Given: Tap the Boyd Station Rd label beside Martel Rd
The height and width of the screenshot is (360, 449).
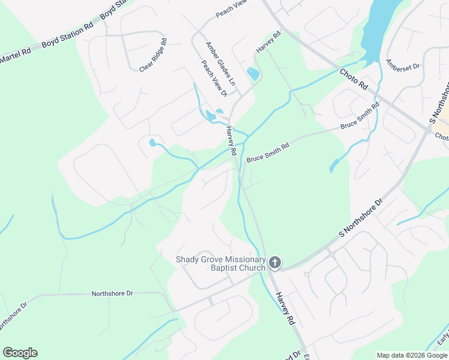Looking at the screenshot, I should [67, 36].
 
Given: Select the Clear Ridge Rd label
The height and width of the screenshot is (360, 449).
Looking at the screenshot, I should [153, 56].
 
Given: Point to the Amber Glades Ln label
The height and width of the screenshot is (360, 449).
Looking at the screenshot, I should [221, 62].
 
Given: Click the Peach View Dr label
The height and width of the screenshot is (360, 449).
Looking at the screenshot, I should [214, 78].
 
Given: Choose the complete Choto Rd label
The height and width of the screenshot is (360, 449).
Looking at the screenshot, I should [354, 80].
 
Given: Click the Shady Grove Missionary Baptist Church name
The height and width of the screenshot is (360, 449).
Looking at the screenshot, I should [220, 263].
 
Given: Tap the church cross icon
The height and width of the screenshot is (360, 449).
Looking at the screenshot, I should [275, 263].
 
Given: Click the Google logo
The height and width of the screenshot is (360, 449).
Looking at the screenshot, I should [20, 353].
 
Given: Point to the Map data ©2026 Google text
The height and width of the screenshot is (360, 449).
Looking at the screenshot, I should [412, 355].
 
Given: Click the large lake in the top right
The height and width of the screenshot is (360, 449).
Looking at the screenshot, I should [382, 27].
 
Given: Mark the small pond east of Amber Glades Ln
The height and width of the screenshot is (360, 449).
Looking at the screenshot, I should [253, 74].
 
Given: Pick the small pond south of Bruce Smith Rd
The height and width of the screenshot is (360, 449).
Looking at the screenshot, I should [334, 166].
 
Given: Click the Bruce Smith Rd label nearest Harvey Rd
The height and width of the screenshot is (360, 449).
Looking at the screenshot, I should [268, 154].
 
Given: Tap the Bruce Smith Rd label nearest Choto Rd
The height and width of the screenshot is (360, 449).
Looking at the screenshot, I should [360, 117].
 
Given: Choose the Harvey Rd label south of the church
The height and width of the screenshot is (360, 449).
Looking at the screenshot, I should [285, 308].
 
